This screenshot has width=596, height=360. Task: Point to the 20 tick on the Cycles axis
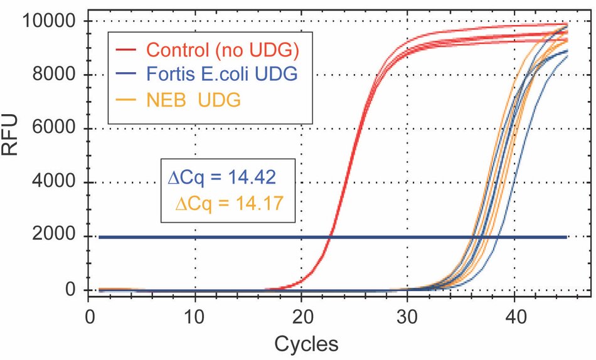point(302,313)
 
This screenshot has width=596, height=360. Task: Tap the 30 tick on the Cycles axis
point(408,313)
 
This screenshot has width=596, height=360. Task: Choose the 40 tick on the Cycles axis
point(514,313)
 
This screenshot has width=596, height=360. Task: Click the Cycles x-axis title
point(306,343)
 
